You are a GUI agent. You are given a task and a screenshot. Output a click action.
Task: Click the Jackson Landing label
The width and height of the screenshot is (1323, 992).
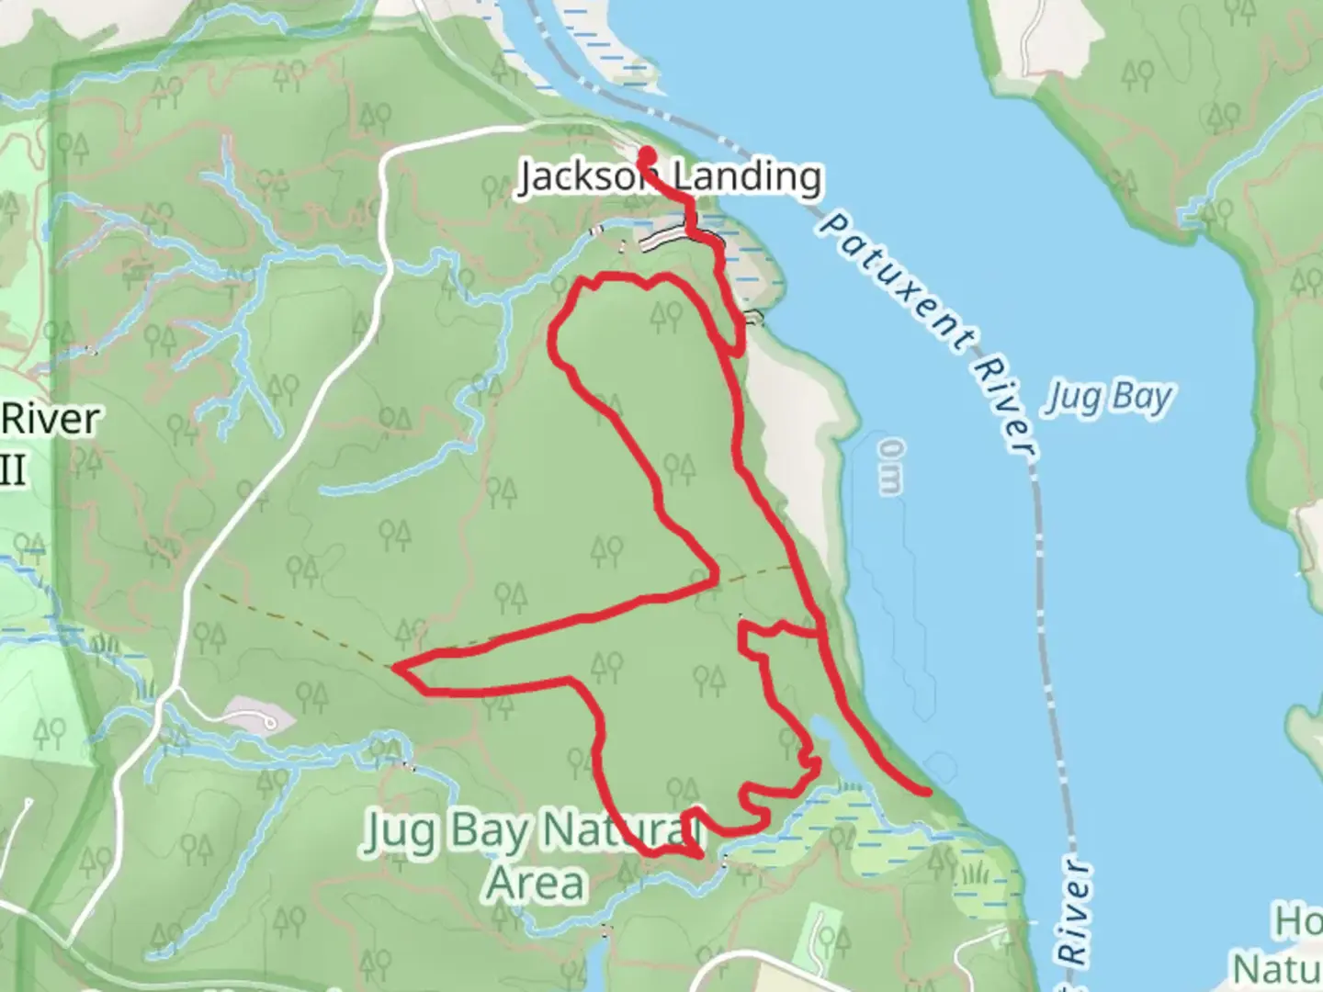coord(669,175)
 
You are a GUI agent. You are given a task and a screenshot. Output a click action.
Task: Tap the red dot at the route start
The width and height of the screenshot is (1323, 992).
coord(647,155)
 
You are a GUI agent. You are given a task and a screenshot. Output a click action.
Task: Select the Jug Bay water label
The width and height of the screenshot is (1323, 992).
coord(1109,399)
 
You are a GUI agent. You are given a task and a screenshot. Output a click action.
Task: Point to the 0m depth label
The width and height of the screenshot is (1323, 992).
coord(889,467)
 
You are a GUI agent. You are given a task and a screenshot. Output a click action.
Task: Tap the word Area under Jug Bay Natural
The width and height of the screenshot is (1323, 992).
coord(536,882)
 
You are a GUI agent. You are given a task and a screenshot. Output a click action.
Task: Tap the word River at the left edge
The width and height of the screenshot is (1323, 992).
coord(51,419)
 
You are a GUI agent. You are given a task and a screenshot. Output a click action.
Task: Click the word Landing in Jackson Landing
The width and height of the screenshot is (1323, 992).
coord(746,175)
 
